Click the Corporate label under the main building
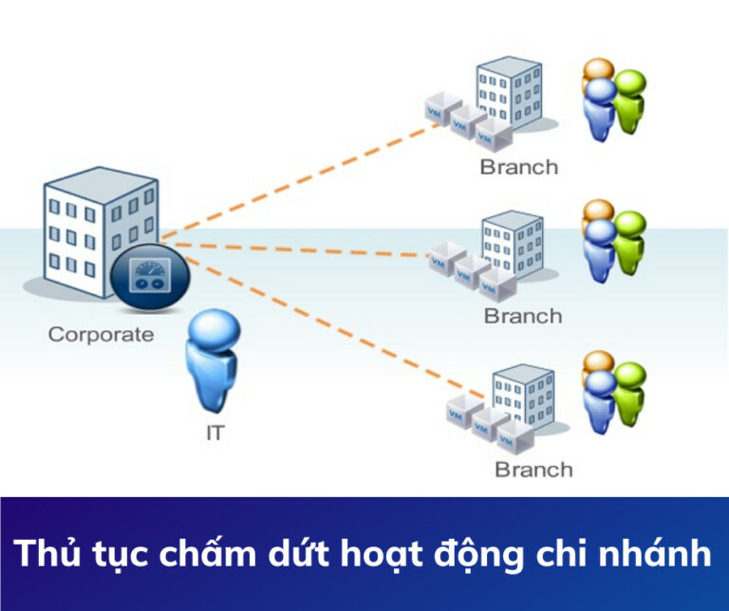100,334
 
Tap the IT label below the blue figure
215,435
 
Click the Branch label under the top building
518,168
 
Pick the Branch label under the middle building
523,316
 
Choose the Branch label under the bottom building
533,470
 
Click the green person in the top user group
628,97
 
